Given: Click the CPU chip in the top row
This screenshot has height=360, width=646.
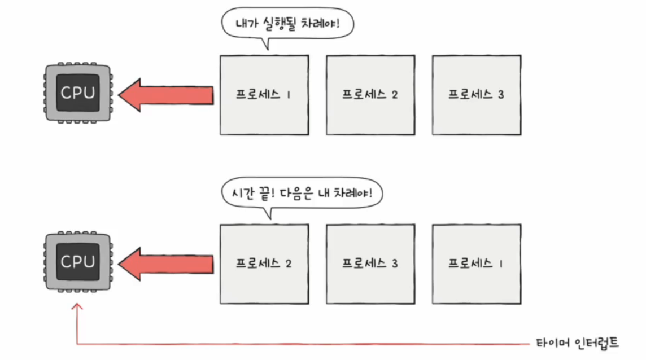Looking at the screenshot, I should coord(78,93).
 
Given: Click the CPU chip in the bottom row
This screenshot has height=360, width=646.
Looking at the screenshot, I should coord(78,262).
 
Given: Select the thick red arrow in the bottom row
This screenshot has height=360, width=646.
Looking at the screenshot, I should coord(167,264).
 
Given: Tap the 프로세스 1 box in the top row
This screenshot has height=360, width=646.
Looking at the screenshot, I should coord(264,95).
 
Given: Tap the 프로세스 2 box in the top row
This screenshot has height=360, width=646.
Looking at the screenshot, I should coord(370,95).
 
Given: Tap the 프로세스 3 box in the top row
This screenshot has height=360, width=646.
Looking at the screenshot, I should coord(477,95).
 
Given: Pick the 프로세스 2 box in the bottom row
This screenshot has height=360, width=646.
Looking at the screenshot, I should coord(264,264).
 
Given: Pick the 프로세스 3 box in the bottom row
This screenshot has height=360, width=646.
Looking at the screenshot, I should coord(370,264).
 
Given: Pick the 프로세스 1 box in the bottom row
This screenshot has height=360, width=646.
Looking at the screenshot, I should coord(477,264).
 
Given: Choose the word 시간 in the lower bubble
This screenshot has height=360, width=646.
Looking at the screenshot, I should coord(241,193).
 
